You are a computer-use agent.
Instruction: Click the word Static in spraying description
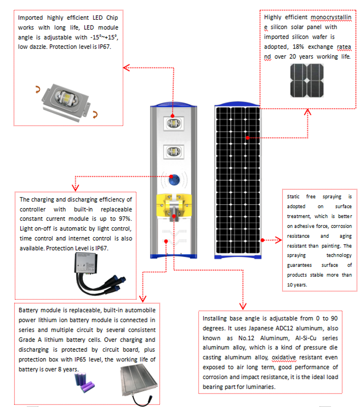[x=293, y=197]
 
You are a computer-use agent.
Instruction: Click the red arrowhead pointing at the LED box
[x=126, y=68]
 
